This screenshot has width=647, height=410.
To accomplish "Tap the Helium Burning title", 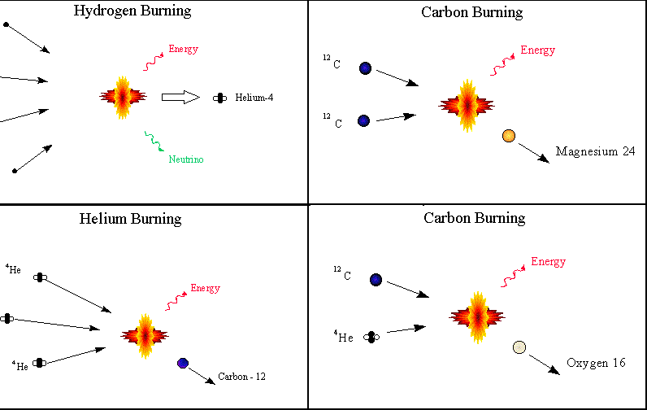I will tap(131, 219).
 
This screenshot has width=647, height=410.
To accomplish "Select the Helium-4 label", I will tap(255, 98).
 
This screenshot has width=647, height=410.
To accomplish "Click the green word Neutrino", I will tap(186, 159).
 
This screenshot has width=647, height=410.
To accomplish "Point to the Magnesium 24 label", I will tap(595, 151).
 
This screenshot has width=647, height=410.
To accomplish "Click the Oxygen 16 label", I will tap(596, 364).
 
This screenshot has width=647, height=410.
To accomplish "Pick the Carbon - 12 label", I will tap(241, 377).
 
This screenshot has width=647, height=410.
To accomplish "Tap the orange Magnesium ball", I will tap(509, 136).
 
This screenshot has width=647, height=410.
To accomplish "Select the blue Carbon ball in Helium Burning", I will tap(182, 363).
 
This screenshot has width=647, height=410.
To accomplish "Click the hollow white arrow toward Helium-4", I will tap(180, 98).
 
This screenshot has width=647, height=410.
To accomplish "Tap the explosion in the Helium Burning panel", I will tap(145, 334).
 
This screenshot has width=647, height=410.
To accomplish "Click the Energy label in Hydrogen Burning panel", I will tap(183, 50).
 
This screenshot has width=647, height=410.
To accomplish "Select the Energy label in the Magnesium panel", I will tap(537, 50).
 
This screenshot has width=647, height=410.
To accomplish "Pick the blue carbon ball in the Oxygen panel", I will tap(376, 280).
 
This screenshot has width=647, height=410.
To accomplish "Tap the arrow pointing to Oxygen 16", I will tap(543, 363).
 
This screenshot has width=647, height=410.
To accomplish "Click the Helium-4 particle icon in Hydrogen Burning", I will tap(219, 98).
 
